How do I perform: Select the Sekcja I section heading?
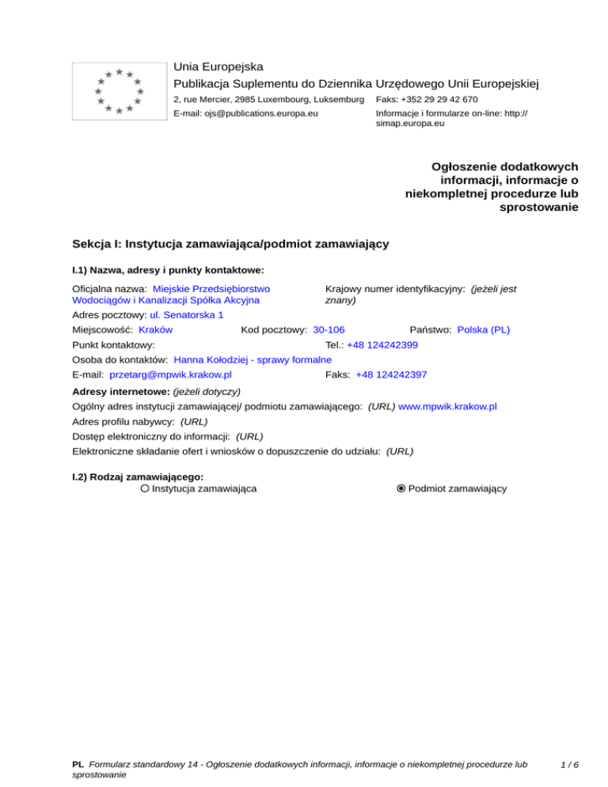[x=230, y=244]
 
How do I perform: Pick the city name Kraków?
[x=156, y=329]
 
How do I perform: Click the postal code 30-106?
[x=329, y=329]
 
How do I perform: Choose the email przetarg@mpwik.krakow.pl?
[x=170, y=374]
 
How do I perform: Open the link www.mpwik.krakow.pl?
[x=447, y=406]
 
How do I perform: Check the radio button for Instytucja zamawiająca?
[x=145, y=489]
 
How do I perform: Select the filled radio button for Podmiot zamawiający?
[x=401, y=489]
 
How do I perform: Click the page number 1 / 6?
[x=568, y=765]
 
